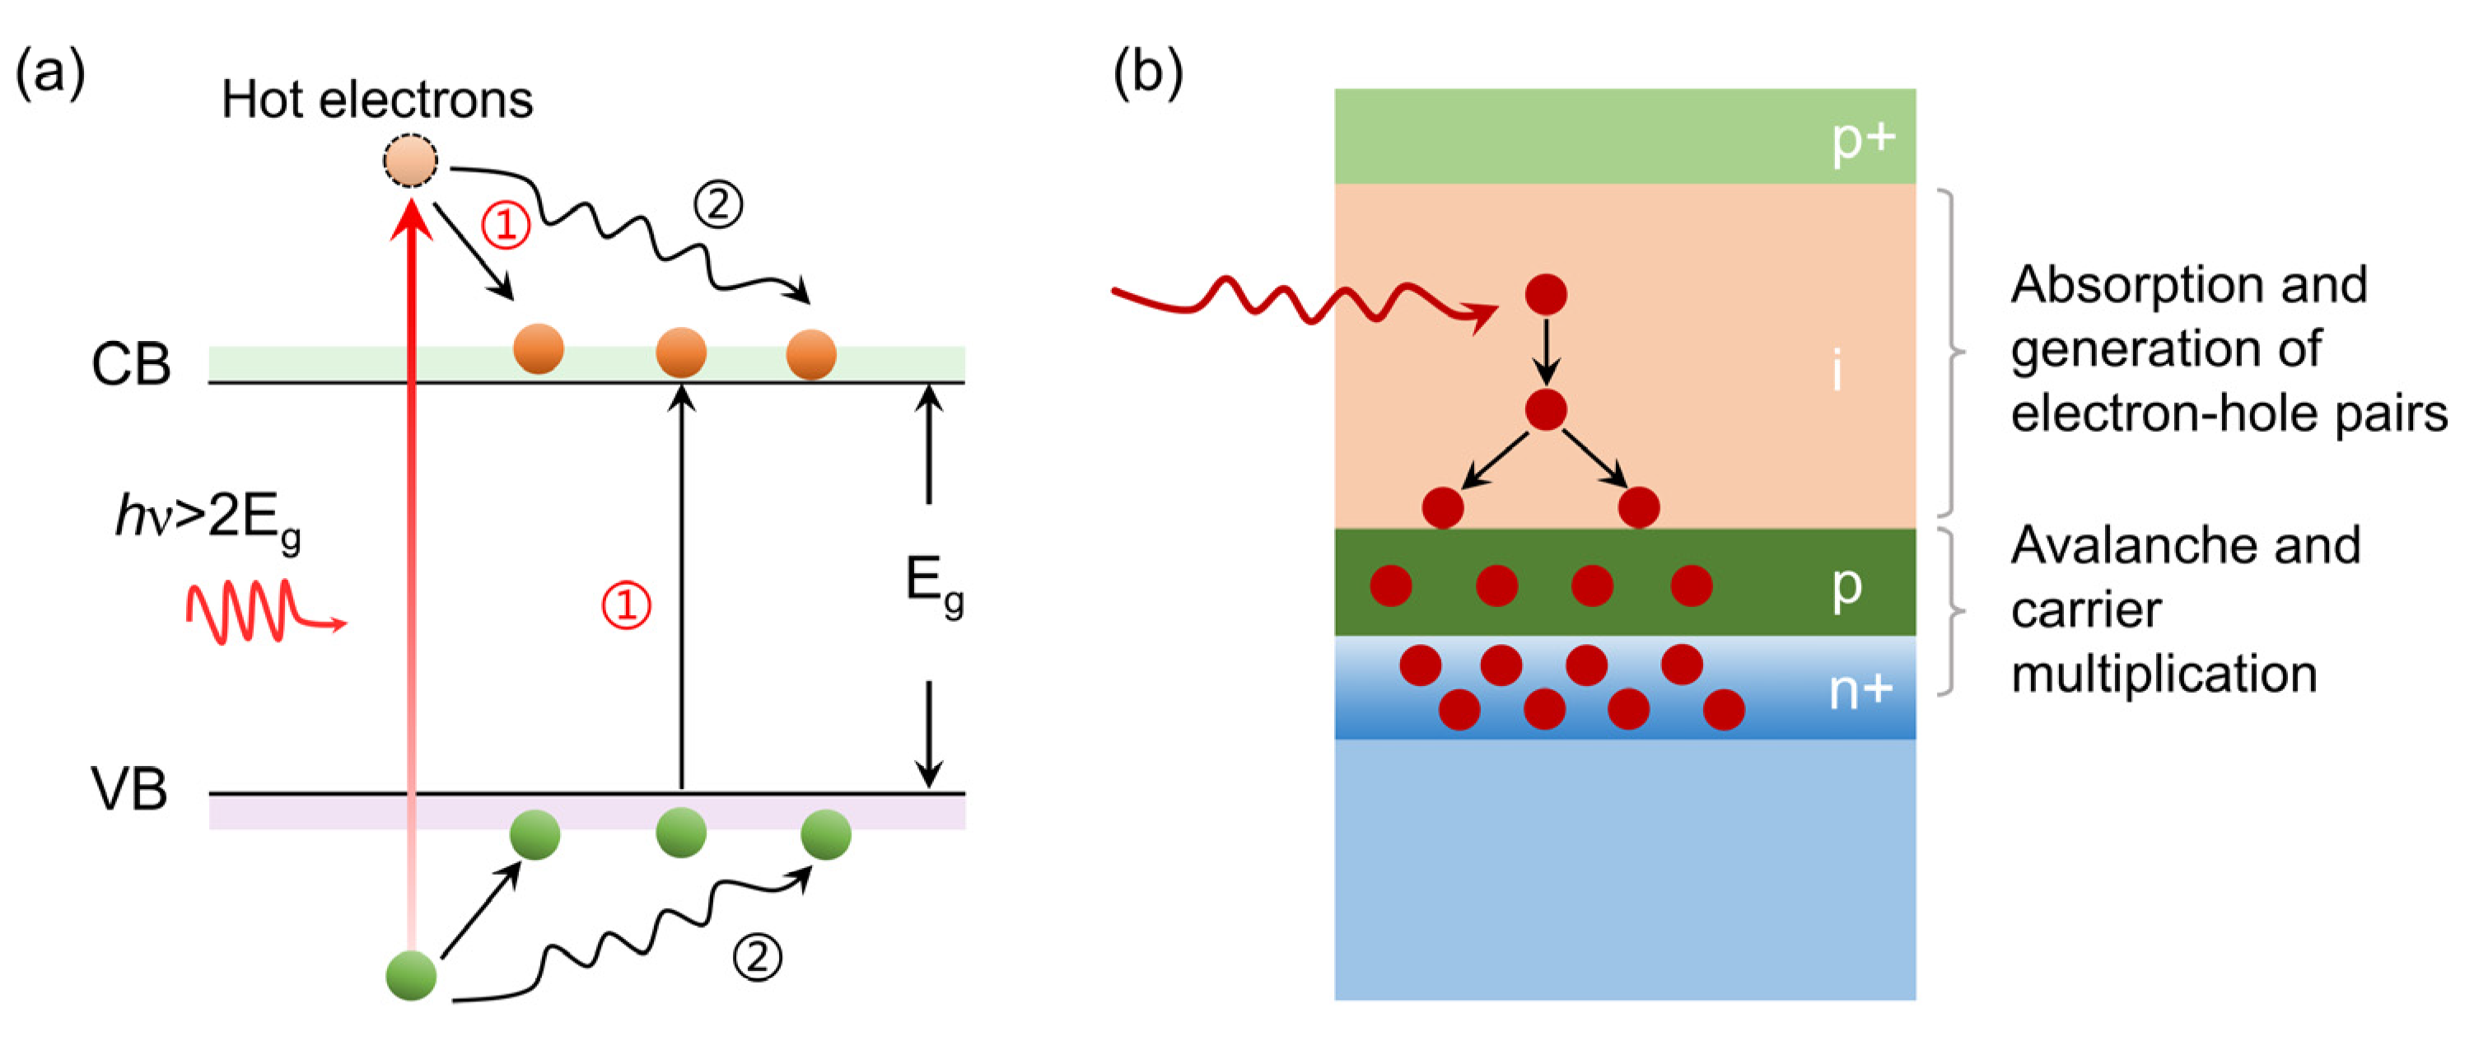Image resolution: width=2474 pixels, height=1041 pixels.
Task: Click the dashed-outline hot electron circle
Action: coord(410,161)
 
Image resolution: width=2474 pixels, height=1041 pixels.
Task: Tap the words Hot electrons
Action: coord(376,100)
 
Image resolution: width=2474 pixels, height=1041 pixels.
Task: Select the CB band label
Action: coord(131,365)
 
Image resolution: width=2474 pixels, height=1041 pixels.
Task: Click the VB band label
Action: coord(129,789)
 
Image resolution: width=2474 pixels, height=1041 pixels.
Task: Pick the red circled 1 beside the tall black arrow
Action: coord(626,606)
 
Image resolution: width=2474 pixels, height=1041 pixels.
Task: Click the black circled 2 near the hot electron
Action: coord(718,204)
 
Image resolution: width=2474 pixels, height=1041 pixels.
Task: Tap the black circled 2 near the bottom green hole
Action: coord(757,956)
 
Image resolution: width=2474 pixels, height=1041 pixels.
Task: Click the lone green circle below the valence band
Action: coord(411,976)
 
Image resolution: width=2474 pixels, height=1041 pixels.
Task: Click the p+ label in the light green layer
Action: coord(1862,140)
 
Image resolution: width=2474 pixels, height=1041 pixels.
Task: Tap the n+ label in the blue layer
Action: coord(1860,689)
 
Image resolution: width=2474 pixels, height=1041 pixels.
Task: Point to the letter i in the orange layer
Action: coord(1837,371)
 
